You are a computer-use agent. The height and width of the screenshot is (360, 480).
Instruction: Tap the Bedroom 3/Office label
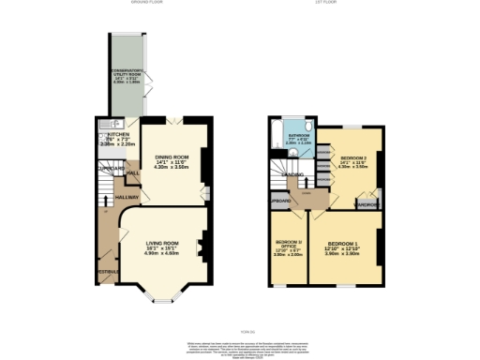pyautogui.click(x=289, y=243)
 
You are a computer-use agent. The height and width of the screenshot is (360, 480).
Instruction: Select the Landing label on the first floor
pyautogui.click(x=292, y=174)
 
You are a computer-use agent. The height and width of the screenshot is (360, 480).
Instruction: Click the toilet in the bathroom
pyautogui.click(x=307, y=128)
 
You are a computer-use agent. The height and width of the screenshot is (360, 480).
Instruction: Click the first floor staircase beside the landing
pyautogui.click(x=281, y=171)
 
